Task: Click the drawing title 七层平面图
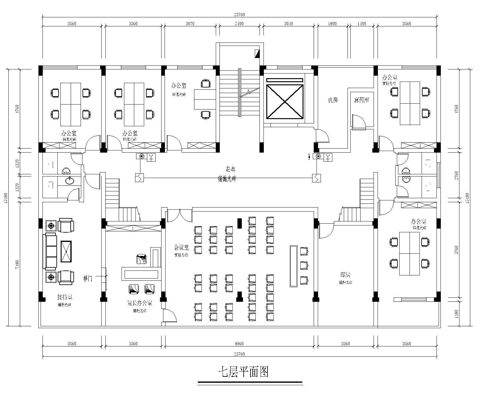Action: point(243,371)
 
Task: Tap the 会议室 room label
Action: point(181,248)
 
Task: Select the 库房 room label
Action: point(345,275)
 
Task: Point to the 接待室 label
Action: point(64,298)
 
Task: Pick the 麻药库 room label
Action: point(361,100)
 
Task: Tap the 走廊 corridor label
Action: point(230,169)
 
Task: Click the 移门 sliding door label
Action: point(88,278)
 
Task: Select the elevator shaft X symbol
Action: point(285,102)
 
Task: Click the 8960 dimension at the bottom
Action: point(239,344)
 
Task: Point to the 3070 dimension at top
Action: point(190,24)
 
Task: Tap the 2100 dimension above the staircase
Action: point(239,24)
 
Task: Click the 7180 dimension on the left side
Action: point(17,264)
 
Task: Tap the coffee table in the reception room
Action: point(66,251)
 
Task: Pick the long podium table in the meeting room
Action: point(293,266)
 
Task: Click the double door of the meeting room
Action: point(179,215)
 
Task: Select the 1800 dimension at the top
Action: point(332,24)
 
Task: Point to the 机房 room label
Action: point(333,100)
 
